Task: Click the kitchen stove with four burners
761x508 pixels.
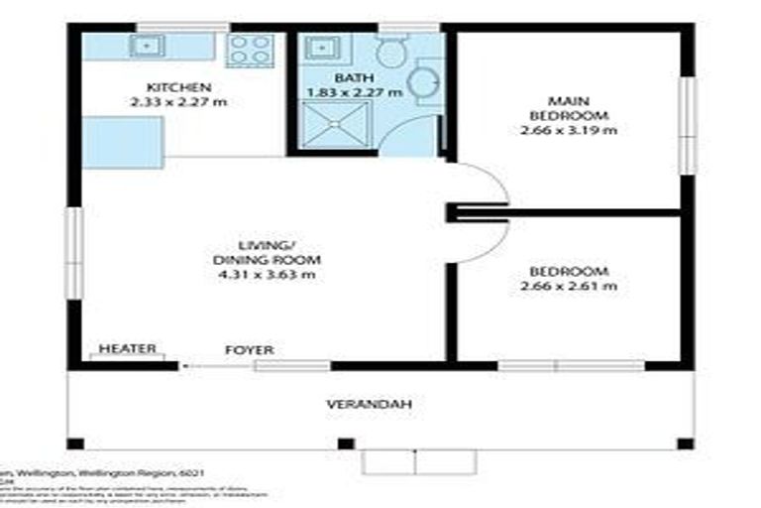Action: pyautogui.click(x=250, y=50)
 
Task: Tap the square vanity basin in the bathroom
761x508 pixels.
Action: pyautogui.click(x=321, y=47)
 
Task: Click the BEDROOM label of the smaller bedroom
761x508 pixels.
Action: pyautogui.click(x=569, y=272)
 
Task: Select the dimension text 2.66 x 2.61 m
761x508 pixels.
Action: pyautogui.click(x=569, y=287)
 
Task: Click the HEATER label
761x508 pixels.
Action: pyautogui.click(x=128, y=349)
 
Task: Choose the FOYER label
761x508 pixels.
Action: pyautogui.click(x=250, y=350)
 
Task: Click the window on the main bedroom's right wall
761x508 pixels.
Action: pyautogui.click(x=686, y=126)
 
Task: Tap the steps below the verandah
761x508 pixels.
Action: pyautogui.click(x=418, y=461)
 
